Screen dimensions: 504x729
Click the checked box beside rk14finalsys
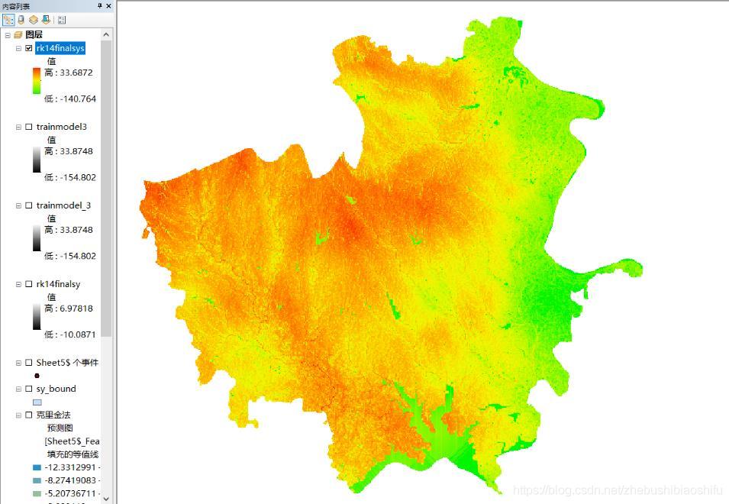click(x=29, y=48)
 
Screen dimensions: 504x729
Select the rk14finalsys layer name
click(x=60, y=48)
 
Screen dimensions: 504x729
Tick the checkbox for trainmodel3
click(x=29, y=127)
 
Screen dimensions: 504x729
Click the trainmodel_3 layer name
click(x=63, y=205)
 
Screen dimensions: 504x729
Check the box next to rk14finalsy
click(x=29, y=284)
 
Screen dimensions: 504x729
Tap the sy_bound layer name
click(x=56, y=389)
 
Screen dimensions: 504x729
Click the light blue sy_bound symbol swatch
click(x=37, y=402)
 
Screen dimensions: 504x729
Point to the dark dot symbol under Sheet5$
click(x=37, y=376)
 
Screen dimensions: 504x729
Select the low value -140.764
click(x=70, y=99)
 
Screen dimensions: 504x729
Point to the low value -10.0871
click(x=70, y=334)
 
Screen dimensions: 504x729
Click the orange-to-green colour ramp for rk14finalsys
click(x=37, y=81)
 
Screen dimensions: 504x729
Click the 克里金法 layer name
click(x=53, y=415)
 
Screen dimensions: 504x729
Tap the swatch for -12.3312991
click(x=37, y=467)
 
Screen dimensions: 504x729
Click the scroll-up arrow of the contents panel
click(x=106, y=34)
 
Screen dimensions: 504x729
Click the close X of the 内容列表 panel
click(x=108, y=6)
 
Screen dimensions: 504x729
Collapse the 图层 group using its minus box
click(x=8, y=35)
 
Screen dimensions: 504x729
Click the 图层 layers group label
click(x=34, y=35)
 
